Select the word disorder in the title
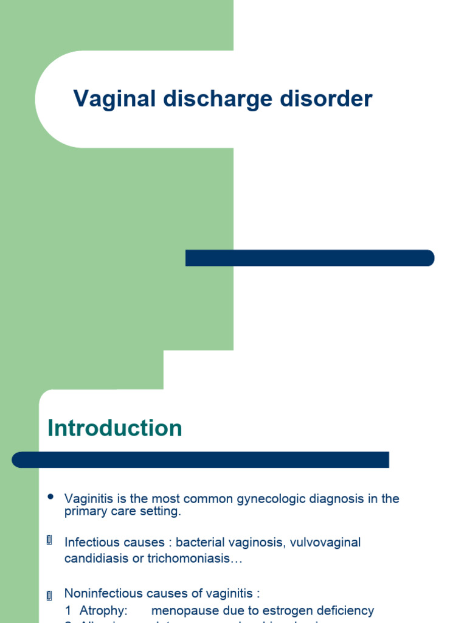pos(323,99)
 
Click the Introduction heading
pos(115,428)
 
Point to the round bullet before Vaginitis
pos(50,496)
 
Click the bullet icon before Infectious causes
pos(50,540)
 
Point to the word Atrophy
pos(103,610)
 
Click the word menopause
pos(181,610)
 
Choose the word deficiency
pos(345,610)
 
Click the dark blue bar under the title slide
pos(310,258)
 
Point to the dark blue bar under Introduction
pos(200,460)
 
